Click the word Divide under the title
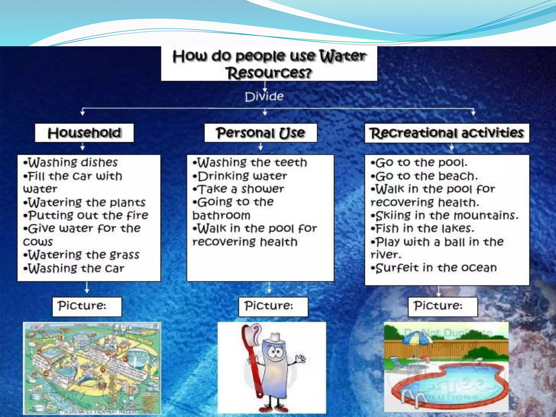pyautogui.click(x=264, y=97)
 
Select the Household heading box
pyautogui.click(x=84, y=133)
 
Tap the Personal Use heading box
pyautogui.click(x=261, y=133)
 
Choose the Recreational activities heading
pyautogui.click(x=447, y=133)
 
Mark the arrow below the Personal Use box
pyautogui.click(x=261, y=147)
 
